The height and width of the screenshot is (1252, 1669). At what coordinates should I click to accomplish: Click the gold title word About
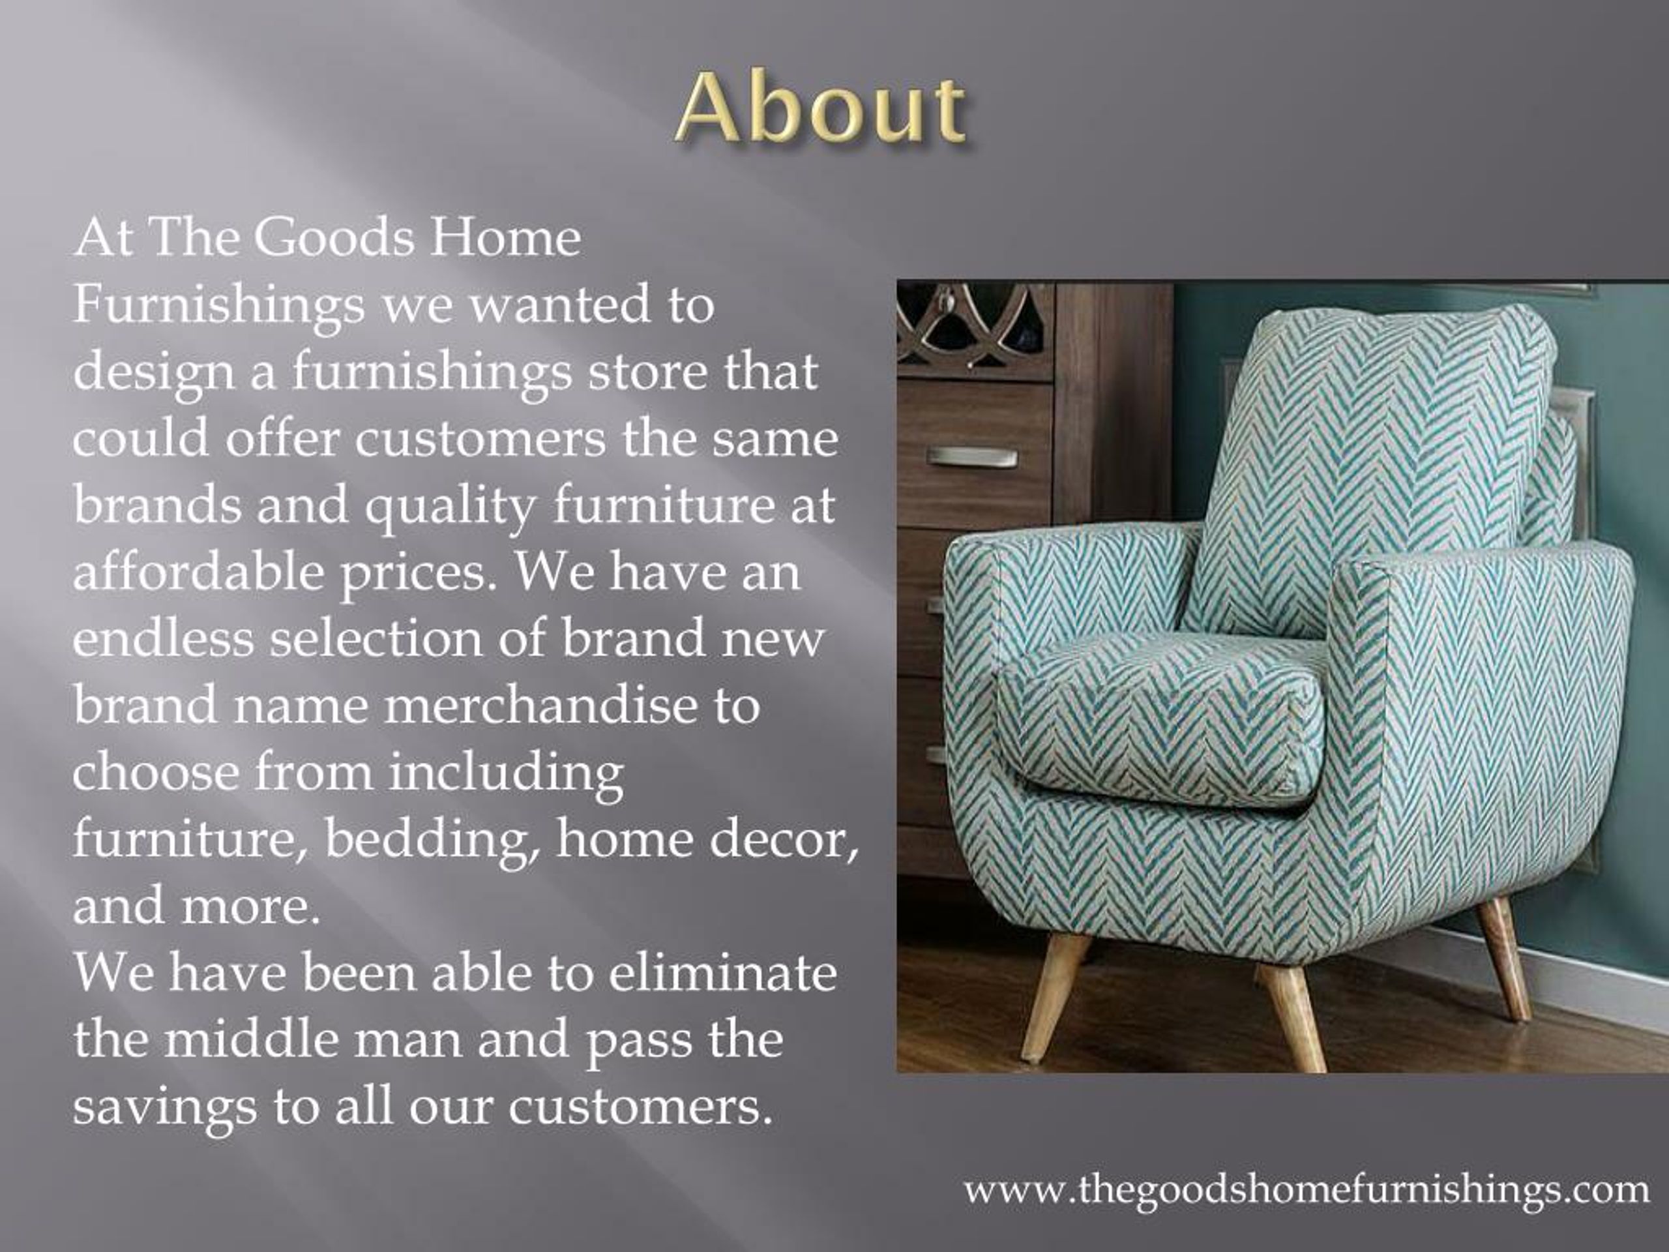821,110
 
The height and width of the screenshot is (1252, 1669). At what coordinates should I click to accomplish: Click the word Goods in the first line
334,238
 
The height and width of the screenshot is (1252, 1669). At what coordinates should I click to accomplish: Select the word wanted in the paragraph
559,305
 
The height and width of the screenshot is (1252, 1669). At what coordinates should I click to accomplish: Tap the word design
153,373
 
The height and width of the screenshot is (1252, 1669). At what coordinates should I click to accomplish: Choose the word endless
163,638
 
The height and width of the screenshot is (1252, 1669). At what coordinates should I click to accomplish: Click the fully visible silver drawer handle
972,456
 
